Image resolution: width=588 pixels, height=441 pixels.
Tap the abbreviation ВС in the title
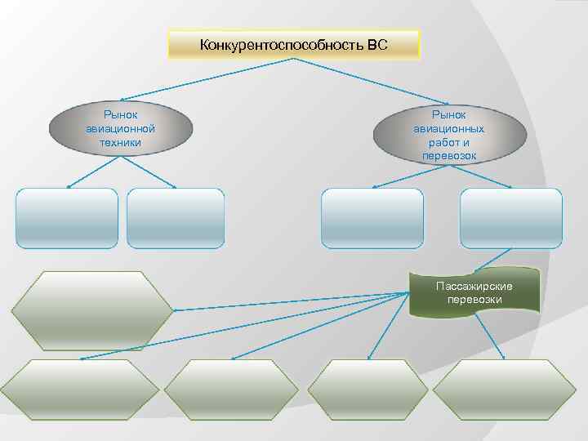click(376, 44)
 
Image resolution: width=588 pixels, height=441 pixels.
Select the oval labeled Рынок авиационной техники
click(121, 129)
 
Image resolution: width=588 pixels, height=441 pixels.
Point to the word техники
click(121, 142)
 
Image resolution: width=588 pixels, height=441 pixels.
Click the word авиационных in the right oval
click(448, 129)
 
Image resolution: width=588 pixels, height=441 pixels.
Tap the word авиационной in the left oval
click(121, 129)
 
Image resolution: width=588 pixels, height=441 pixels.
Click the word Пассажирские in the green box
click(474, 287)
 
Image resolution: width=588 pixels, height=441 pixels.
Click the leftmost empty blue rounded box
click(67, 218)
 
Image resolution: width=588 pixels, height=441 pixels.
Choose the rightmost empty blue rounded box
click(511, 218)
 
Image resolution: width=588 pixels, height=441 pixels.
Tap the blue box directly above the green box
click(511, 218)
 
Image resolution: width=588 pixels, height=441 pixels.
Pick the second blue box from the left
click(176, 218)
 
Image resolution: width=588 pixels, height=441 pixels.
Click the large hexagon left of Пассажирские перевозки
click(91, 310)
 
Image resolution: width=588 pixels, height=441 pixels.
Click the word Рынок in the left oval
click(121, 116)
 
